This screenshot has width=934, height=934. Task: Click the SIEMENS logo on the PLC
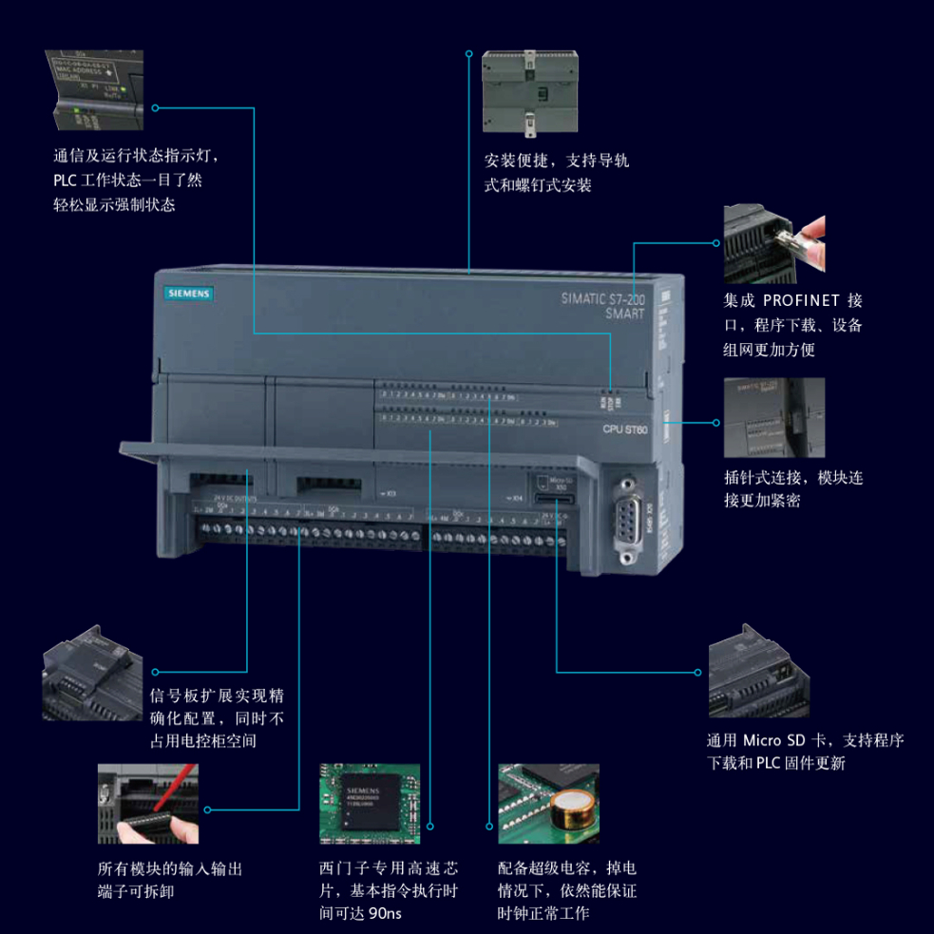186,295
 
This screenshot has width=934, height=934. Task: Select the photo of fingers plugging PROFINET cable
773,242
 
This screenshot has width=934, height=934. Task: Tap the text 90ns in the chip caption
384,913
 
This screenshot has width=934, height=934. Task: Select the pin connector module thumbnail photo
773,417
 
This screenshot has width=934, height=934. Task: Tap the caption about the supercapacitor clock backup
566,890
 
